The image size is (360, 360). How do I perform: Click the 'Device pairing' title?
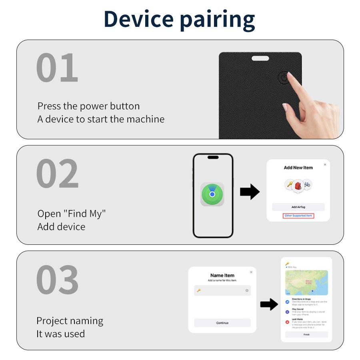coord(179,19)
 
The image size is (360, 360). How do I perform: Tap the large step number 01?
coord(57,68)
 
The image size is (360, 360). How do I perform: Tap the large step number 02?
coord(57,174)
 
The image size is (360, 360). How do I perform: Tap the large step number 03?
coord(57,280)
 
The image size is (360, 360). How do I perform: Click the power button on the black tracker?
coord(283,78)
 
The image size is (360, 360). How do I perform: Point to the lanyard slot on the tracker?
coord(260,59)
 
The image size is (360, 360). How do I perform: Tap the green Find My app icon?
coord(212,194)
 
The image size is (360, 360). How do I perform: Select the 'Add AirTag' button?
coord(298,207)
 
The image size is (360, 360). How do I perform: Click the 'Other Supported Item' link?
coord(298,216)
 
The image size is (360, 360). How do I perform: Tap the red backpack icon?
coord(298,185)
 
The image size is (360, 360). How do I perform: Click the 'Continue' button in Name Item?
coord(222,323)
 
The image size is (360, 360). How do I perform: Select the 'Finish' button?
coord(306,334)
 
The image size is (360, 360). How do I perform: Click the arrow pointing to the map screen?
coord(269,304)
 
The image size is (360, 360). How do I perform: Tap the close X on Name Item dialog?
coord(251,272)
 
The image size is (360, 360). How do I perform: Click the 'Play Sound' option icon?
coord(288,312)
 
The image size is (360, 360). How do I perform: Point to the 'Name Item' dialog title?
coord(222,275)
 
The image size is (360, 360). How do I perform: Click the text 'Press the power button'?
coord(88,106)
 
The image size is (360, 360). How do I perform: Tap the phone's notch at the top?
coord(213,157)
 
